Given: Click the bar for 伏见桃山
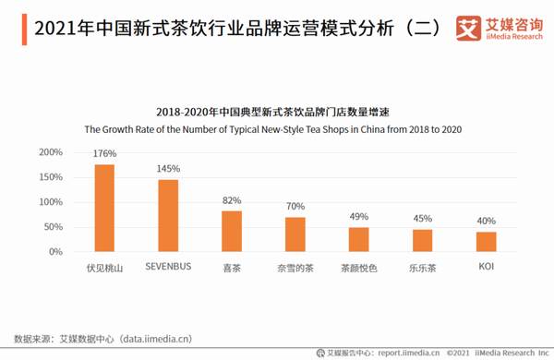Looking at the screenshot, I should tap(104, 208).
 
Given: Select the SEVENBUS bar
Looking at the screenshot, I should tap(168, 215).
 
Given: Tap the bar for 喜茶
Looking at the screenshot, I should tap(232, 231).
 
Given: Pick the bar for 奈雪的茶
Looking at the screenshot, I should tap(295, 234).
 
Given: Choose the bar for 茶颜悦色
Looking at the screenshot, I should tap(358, 239).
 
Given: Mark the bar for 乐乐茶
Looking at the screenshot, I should tap(422, 240).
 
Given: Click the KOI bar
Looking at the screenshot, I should tap(486, 241).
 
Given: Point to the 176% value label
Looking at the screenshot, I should tap(104, 153).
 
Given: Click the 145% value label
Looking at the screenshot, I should tap(168, 169).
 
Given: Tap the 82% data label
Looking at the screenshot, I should tap(232, 200).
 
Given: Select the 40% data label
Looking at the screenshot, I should tap(486, 222).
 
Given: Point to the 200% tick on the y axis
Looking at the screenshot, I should tap(51, 152).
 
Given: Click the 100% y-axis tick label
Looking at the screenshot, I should tap(51, 202).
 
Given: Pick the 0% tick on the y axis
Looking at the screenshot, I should tap(54, 252).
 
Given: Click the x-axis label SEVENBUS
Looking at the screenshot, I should tap(168, 269).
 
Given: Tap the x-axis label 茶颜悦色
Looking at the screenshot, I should tap(358, 269).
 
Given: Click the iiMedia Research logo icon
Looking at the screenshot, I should tap(468, 29).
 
